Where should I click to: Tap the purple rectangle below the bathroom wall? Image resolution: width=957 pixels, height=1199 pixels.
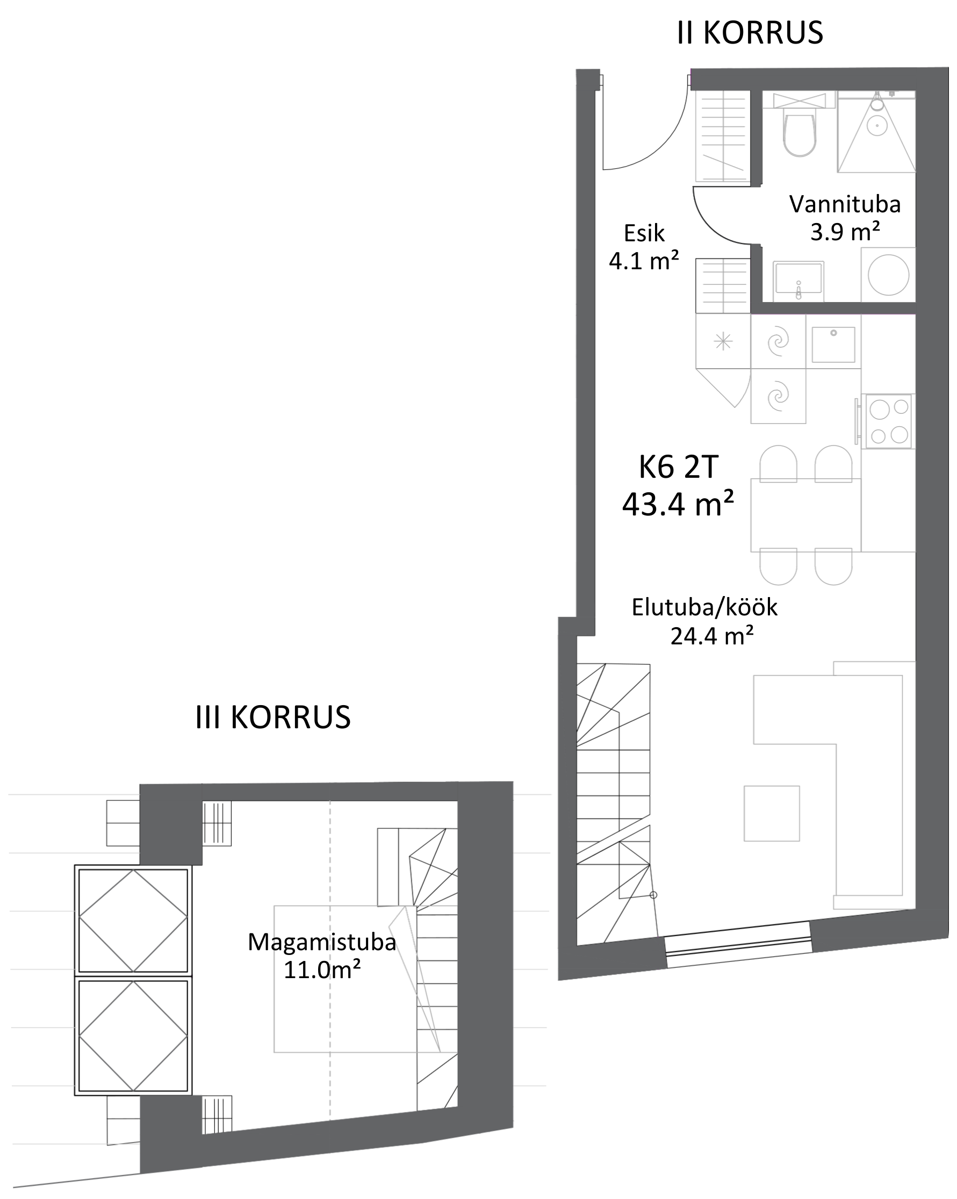pyautogui.click(x=832, y=320)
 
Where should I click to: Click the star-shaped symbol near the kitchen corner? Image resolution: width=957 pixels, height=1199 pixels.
pyautogui.click(x=723, y=340)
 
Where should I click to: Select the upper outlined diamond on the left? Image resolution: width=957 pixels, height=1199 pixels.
pyautogui.click(x=133, y=921)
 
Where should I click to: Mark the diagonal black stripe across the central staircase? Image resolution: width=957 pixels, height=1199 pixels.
pyautogui.click(x=613, y=838)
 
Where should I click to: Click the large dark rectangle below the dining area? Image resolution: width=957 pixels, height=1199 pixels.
pyautogui.click(x=827, y=709)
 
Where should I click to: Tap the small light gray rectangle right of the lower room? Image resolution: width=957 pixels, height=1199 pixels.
pyautogui.click(x=532, y=823)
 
